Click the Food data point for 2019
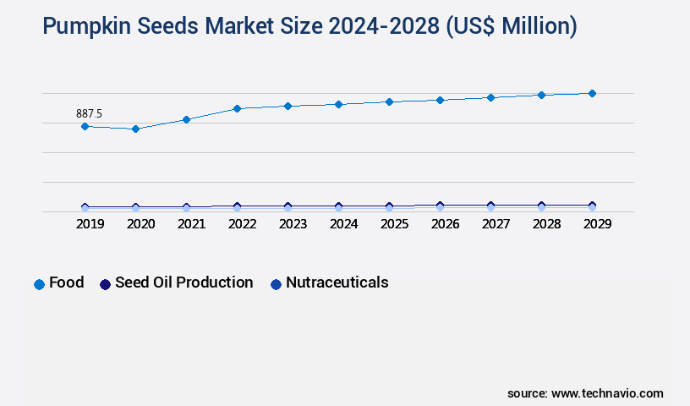[85, 126]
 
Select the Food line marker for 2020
[135, 129]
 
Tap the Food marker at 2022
[237, 108]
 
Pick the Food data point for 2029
[592, 93]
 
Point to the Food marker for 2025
[389, 101]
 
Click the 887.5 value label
[89, 113]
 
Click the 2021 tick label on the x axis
[191, 224]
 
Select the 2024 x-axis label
[343, 224]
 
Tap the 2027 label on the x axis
[496, 224]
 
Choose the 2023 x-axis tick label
[293, 224]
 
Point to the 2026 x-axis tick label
[445, 224]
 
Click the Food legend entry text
[67, 283]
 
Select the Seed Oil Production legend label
[183, 283]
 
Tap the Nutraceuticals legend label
[337, 283]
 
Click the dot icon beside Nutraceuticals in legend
[276, 284]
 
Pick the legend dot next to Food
[39, 284]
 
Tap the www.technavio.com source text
[607, 393]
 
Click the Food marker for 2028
[541, 95]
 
